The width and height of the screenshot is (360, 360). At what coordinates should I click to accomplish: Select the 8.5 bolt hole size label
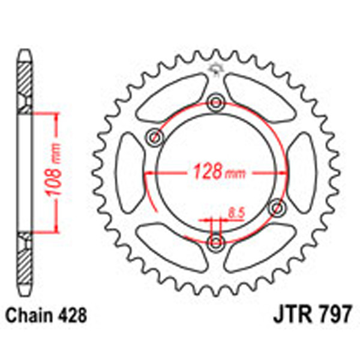[x=235, y=211]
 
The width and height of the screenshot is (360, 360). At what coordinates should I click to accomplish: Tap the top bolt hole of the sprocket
[x=215, y=102]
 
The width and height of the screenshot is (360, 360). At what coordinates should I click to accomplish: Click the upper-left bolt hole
[x=155, y=137]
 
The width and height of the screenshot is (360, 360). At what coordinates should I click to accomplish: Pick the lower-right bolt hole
[x=277, y=207]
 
